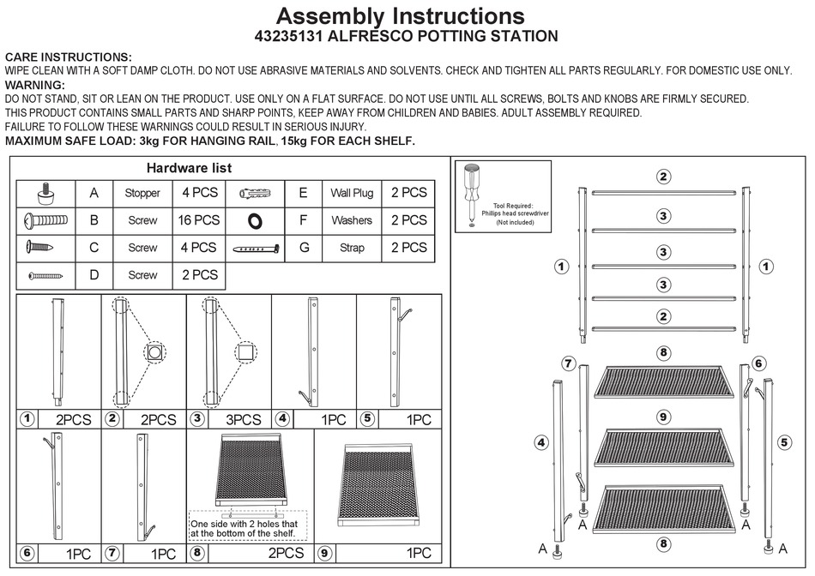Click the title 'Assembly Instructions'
click(400, 15)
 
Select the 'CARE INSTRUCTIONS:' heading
click(69, 57)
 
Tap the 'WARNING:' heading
click(35, 86)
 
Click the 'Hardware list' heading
click(189, 168)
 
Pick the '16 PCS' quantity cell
click(199, 220)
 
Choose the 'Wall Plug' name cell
click(352, 193)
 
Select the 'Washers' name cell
click(352, 220)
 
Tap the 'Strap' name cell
click(352, 248)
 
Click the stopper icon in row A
click(46, 193)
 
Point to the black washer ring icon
click(255, 220)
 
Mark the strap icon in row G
click(257, 249)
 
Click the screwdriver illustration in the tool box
click(473, 194)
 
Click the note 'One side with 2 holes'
click(244, 524)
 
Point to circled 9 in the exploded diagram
click(663, 417)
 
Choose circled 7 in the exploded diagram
click(568, 363)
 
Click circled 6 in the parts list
click(27, 554)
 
